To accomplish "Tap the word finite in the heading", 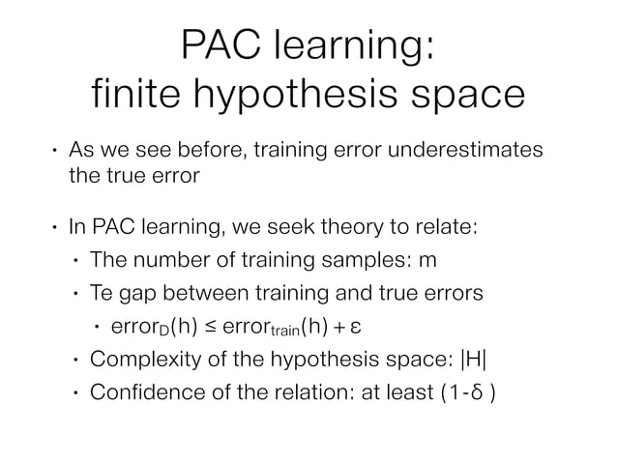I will point(127,98).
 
